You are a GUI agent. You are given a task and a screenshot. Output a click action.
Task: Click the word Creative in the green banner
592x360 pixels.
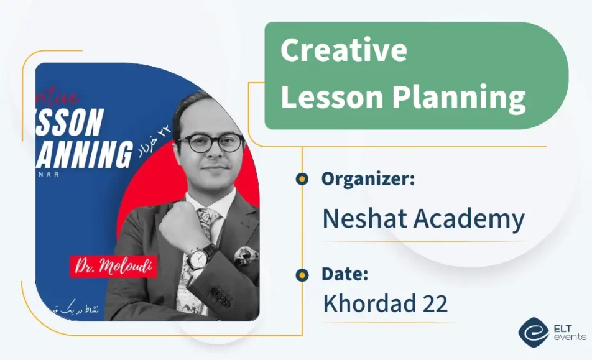343,51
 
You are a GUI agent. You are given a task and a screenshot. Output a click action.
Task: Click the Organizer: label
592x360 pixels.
368,179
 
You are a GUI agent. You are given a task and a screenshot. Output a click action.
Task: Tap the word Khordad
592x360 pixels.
370,303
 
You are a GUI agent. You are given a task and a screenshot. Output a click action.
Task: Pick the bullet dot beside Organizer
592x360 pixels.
302,179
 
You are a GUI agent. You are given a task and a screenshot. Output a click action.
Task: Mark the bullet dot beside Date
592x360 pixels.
302,274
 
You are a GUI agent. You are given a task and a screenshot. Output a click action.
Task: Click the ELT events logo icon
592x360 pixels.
533,332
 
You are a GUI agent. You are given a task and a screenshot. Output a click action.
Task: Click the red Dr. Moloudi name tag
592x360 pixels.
114,266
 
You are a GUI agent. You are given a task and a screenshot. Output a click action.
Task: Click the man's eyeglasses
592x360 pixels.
210,144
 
